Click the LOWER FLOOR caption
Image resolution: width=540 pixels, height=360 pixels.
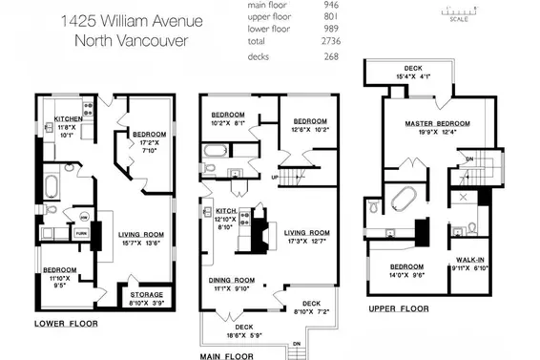pos(66,324)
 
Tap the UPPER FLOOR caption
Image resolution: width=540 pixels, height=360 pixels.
pos(399,309)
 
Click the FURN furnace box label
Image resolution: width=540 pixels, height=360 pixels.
pos(81,231)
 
